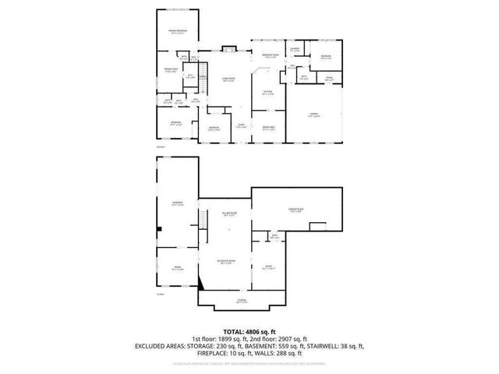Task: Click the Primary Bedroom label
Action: click(x=179, y=32)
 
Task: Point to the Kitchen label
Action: click(x=267, y=93)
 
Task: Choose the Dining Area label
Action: click(x=267, y=129)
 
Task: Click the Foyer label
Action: click(x=242, y=126)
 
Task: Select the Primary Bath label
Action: click(x=169, y=69)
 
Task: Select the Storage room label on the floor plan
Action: click(x=242, y=301)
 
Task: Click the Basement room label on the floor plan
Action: click(x=177, y=203)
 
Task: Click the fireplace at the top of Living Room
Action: click(x=228, y=51)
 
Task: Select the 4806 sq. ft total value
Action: click(x=260, y=330)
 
